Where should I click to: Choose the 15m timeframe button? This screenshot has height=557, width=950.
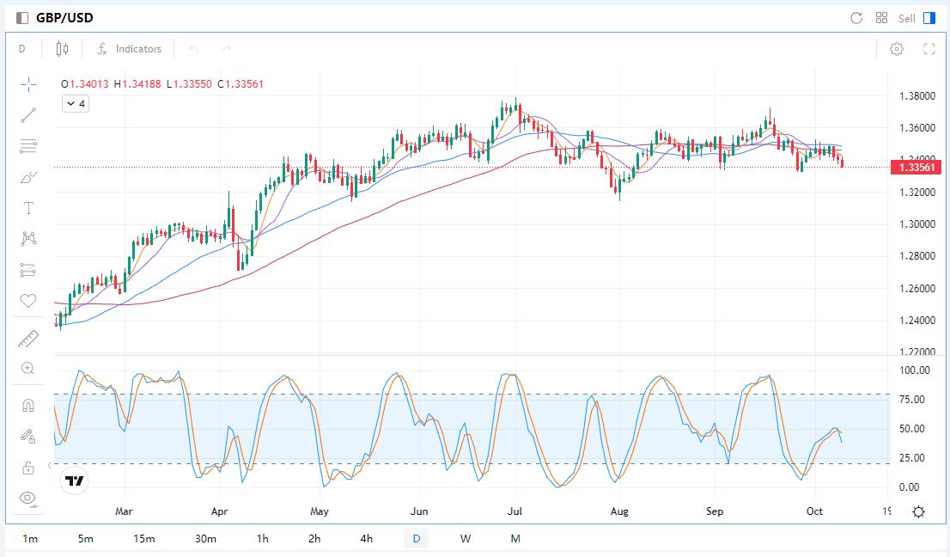[x=144, y=539]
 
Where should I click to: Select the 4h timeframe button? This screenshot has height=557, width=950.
[x=367, y=539]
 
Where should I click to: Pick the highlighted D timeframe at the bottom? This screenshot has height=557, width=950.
[x=417, y=539]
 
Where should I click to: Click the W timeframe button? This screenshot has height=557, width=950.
[x=466, y=539]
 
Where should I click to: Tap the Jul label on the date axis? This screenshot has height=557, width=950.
[x=516, y=511]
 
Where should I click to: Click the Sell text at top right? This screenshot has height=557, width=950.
[x=907, y=18]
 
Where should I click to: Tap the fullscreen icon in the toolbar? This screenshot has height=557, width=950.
[x=929, y=49]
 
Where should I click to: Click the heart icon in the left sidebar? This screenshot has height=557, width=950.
[x=28, y=301]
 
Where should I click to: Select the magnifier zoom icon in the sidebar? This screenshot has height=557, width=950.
[x=28, y=369]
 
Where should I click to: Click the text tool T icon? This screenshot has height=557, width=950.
[x=28, y=208]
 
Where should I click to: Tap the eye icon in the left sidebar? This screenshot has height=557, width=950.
[x=28, y=498]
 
